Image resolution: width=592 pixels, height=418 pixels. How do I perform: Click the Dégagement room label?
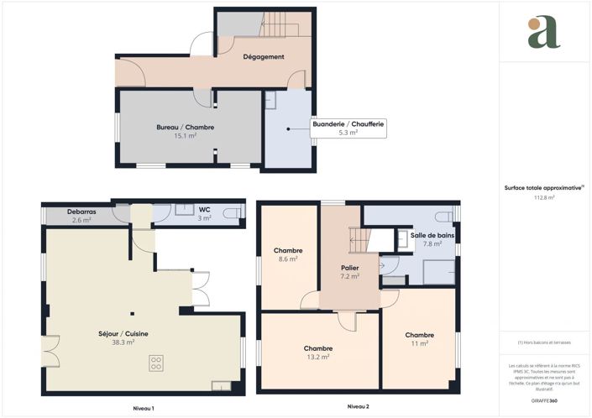(x=264, y=57)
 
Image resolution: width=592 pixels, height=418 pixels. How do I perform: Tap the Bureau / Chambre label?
(x=186, y=127)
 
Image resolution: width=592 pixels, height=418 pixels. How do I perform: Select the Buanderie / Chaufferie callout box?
(x=348, y=128)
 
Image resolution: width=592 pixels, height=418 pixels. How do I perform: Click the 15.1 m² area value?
(x=186, y=135)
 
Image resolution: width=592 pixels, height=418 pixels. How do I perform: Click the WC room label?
(x=204, y=210)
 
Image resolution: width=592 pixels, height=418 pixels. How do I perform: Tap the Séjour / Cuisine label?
(x=123, y=334)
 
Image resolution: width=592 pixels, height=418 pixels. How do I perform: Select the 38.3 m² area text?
(x=123, y=342)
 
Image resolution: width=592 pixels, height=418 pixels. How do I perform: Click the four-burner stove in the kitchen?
(x=156, y=363)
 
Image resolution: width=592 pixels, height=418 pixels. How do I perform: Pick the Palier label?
(x=349, y=267)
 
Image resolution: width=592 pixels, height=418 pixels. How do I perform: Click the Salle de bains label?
(x=432, y=235)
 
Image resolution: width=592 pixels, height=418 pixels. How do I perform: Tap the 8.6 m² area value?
(x=288, y=259)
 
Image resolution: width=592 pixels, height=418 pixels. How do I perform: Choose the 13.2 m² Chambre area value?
(x=318, y=357)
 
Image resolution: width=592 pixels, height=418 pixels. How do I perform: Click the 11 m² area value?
(x=419, y=342)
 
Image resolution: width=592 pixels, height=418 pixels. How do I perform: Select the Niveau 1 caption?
(x=144, y=407)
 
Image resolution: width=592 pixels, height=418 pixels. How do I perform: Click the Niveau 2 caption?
(x=358, y=407)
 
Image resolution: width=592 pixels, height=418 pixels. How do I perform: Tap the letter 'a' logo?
(x=544, y=32)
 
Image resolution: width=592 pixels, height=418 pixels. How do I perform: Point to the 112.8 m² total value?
(x=546, y=198)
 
